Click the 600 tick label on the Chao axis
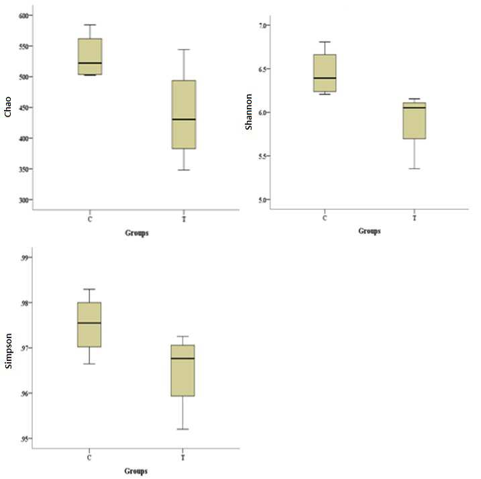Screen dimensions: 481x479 (24, 15)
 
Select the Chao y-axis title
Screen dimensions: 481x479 (7, 107)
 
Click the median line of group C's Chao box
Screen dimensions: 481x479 (90, 63)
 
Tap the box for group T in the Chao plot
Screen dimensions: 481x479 (184, 115)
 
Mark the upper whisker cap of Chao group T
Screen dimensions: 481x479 (184, 50)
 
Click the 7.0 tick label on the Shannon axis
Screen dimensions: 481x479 (263, 25)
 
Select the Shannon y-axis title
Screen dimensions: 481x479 (248, 111)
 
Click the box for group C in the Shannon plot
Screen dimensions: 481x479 (325, 73)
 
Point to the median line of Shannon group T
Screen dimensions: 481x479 (414, 108)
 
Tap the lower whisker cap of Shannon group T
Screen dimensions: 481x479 (414, 168)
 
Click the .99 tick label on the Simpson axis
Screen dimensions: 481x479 (25, 258)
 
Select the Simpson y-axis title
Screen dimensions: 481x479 (8, 351)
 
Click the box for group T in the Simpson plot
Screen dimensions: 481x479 (183, 370)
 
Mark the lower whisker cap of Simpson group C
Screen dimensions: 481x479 (89, 364)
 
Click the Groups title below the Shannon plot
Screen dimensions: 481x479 (370, 231)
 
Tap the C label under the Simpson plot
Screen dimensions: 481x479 (89, 458)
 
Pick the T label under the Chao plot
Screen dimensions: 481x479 (184, 219)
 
